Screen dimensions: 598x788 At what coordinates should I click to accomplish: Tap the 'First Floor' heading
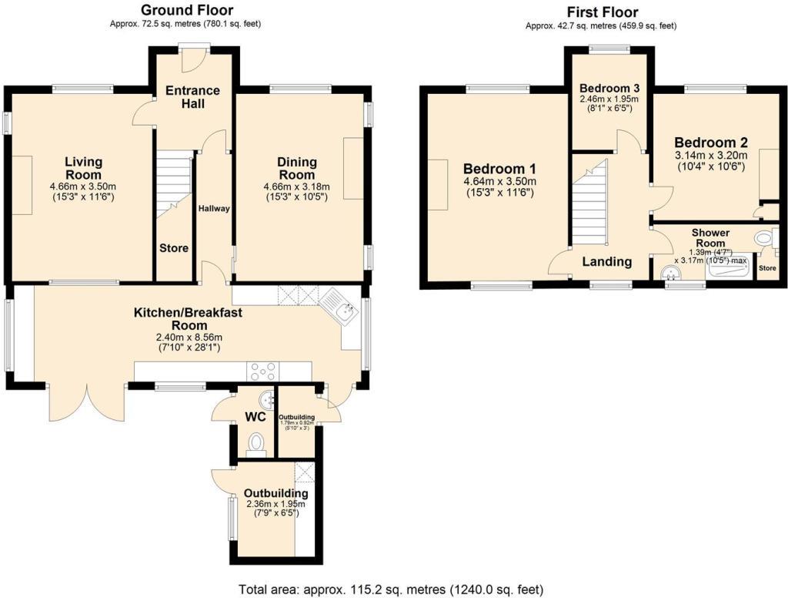(602, 12)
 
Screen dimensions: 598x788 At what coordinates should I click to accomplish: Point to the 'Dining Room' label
(297, 168)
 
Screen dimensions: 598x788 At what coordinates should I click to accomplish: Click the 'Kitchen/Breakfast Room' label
(189, 318)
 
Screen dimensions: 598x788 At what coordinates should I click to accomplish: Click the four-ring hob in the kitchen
(262, 371)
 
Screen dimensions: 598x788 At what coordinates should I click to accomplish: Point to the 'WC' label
(255, 418)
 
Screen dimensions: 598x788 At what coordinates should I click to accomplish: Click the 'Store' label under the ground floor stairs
(174, 248)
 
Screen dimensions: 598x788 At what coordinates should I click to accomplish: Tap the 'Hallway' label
(214, 209)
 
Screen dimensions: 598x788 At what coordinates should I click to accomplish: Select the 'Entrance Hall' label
(192, 96)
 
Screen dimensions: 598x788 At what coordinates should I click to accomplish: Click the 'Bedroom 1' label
(499, 169)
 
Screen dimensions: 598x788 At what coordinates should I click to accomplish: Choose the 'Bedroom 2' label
(711, 143)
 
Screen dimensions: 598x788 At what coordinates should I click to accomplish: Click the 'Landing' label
(606, 262)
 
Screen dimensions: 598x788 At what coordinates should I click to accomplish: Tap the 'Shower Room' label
(710, 237)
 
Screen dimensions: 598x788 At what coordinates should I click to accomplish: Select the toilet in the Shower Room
(764, 240)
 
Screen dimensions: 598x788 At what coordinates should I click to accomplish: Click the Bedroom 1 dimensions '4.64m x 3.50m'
(499, 181)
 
